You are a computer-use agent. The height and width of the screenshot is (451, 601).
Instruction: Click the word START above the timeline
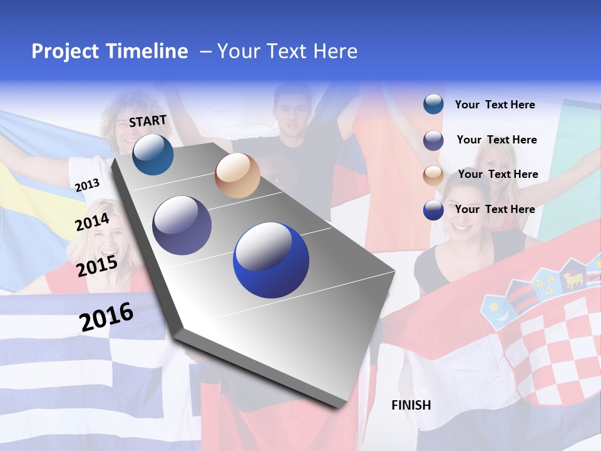[x=148, y=121]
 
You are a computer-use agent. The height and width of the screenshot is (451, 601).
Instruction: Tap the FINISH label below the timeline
[x=411, y=405]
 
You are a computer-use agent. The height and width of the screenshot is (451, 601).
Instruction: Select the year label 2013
[x=87, y=185]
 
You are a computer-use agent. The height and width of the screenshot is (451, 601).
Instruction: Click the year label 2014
[x=92, y=222]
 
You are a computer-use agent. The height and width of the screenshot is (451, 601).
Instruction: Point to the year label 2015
[x=96, y=266]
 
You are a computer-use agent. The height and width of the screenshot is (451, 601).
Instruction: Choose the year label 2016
[x=106, y=317]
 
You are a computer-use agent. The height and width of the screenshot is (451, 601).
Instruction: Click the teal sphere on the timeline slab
[x=153, y=154]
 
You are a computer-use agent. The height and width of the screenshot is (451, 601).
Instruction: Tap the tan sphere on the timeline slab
[x=237, y=175]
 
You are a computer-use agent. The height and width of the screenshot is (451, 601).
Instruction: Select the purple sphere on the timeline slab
[x=182, y=225]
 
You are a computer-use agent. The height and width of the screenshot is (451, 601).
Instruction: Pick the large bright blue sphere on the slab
[x=271, y=260]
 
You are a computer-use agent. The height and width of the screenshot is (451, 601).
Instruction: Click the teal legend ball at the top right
[x=433, y=105]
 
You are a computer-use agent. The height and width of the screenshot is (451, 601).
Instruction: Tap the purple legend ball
[x=433, y=140]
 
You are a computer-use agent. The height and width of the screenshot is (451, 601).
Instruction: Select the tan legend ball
[x=433, y=175]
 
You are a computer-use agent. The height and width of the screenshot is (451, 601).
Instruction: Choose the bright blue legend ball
[x=433, y=210]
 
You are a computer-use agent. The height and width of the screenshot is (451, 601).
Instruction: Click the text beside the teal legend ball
[x=495, y=105]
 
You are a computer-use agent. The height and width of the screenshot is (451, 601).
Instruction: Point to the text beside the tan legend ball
[x=498, y=174]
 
